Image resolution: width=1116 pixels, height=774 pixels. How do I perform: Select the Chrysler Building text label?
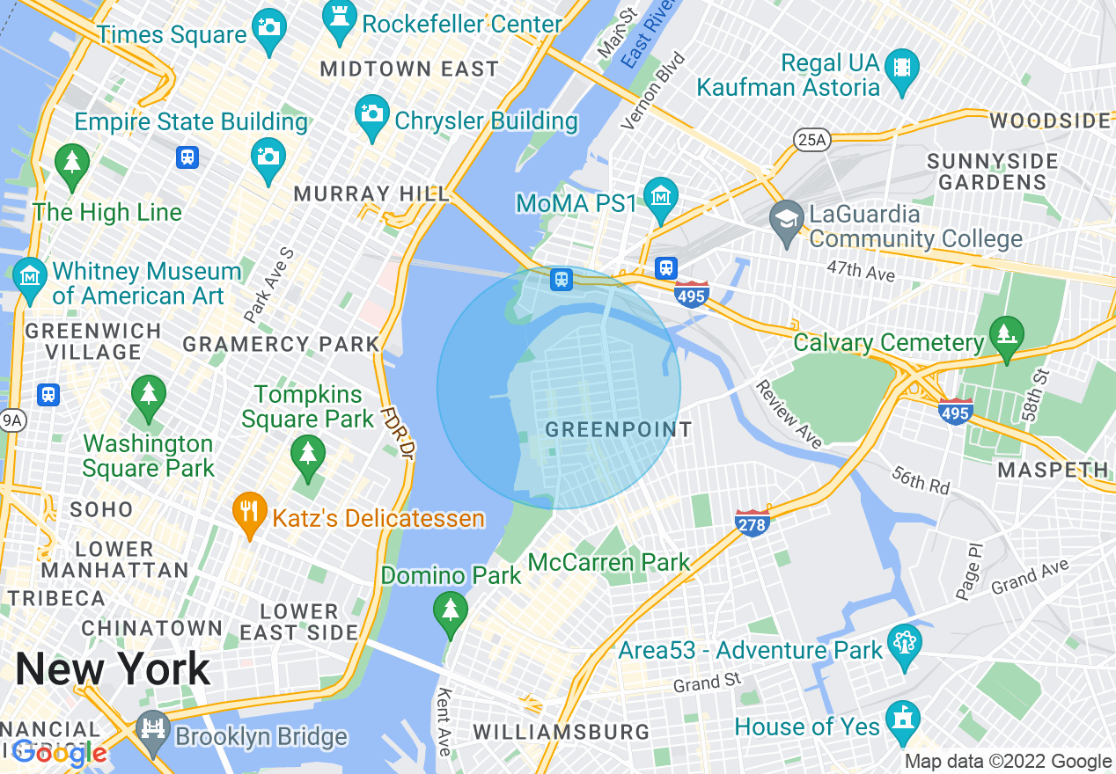(486, 121)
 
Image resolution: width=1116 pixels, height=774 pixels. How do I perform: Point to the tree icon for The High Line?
(72, 163)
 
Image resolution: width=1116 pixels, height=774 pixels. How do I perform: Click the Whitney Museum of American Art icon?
(30, 274)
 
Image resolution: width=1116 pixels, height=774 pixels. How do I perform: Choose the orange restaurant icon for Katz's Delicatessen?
(250, 510)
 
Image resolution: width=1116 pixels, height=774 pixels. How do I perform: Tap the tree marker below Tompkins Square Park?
(307, 456)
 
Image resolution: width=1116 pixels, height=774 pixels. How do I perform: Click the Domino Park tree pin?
(451, 610)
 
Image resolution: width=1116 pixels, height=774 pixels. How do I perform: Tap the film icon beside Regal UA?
(902, 66)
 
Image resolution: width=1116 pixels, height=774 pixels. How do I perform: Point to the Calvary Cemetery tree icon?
(1007, 334)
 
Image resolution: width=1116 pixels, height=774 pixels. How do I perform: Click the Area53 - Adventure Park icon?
(904, 642)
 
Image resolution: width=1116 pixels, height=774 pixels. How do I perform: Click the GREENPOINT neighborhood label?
(619, 430)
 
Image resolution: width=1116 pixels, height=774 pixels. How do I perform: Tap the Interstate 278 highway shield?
(753, 522)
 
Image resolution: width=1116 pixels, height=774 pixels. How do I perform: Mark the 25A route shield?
(811, 138)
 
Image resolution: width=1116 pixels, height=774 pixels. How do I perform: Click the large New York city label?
(113, 669)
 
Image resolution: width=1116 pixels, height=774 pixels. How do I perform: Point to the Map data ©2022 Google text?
(1009, 762)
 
